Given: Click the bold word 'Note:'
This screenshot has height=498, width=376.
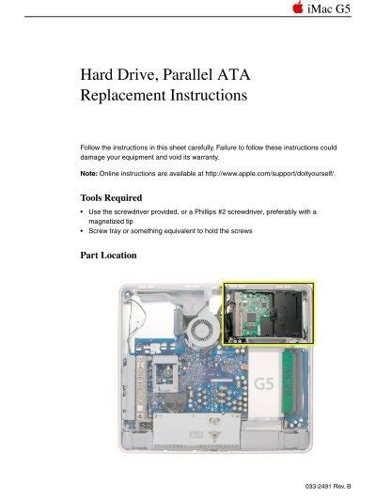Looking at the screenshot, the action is coord(91,175).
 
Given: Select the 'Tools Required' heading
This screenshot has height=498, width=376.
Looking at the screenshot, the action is coord(110,198).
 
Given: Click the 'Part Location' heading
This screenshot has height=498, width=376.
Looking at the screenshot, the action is coord(108,255).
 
